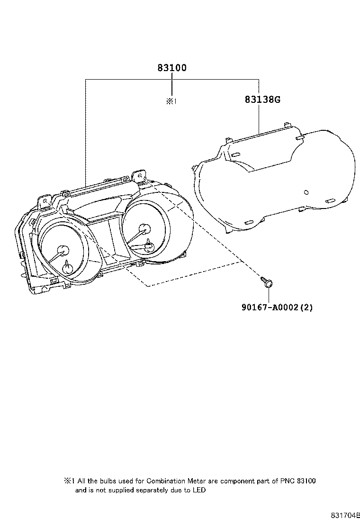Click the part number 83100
tap(172, 68)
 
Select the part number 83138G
tap(263, 100)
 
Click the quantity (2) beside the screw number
tap(307, 307)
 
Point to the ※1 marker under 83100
tap(171, 101)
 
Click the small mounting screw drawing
tap(267, 282)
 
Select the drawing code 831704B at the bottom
tap(345, 515)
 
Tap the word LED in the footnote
tap(199, 491)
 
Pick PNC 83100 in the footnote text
tap(298, 481)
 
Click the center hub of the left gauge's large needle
tap(61, 250)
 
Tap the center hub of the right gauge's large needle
tap(144, 229)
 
